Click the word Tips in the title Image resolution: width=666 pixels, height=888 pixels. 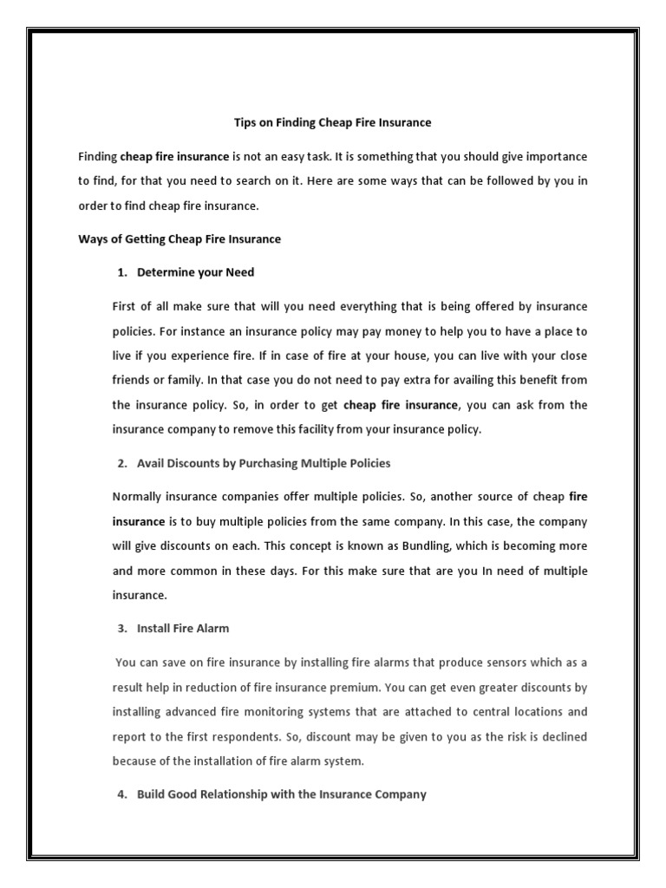(x=246, y=123)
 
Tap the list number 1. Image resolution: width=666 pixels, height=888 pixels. (x=121, y=272)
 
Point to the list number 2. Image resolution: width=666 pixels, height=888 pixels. (x=121, y=463)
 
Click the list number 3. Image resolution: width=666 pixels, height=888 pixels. (x=121, y=629)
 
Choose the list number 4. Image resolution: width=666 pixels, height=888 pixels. (x=121, y=793)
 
